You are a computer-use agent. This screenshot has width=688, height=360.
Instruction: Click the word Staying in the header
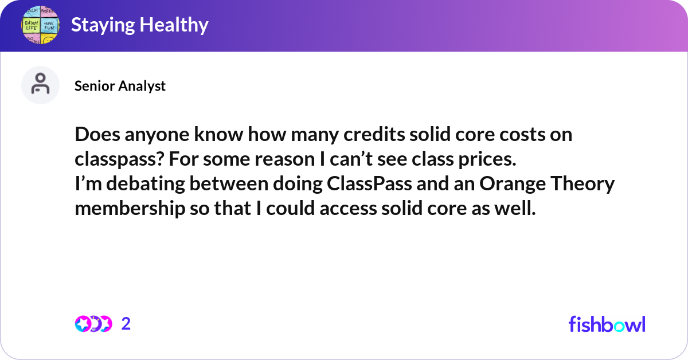[103, 25]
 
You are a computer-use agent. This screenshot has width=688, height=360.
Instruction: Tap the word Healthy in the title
[174, 25]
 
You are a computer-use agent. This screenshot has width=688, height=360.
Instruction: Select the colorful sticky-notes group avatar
[40, 25]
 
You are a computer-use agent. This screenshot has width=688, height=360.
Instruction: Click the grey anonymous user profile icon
[40, 85]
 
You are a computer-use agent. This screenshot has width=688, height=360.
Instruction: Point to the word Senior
[94, 85]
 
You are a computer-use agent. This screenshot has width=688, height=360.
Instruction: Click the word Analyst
[142, 87]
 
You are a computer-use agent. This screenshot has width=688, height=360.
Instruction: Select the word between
[229, 183]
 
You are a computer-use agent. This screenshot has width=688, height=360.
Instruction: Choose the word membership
[130, 209]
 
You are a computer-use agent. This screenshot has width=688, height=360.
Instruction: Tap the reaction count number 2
[126, 324]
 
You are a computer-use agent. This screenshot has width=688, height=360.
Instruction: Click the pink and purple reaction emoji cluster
[93, 324]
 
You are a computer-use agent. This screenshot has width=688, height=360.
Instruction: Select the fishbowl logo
[607, 324]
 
